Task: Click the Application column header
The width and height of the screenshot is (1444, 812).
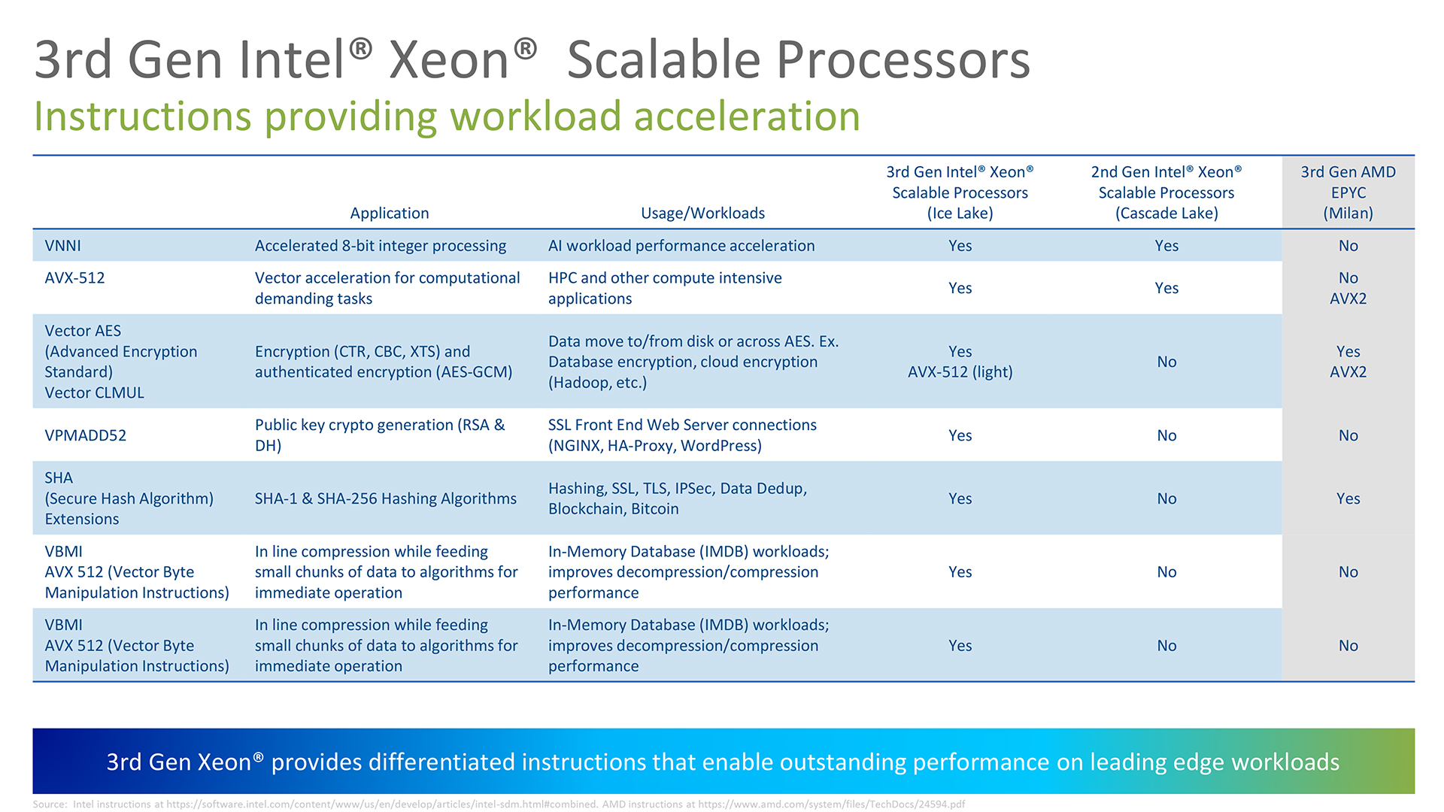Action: [x=390, y=213]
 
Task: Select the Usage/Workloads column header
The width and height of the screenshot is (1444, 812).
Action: [x=702, y=213]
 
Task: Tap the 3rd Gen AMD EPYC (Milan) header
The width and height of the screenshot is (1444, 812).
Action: [x=1348, y=192]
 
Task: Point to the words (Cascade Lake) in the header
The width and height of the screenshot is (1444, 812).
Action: [x=1166, y=213]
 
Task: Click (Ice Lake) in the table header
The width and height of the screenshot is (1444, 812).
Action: [x=960, y=213]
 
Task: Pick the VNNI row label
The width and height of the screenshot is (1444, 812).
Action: [x=62, y=246]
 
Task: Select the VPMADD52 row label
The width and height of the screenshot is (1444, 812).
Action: [x=86, y=435]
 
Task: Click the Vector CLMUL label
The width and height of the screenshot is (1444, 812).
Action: [x=94, y=392]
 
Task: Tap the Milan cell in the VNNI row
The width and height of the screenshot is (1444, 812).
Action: [x=1348, y=246]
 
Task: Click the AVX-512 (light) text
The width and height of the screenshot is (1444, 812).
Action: [x=960, y=372]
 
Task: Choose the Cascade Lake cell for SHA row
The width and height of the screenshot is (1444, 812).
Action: [x=1166, y=498]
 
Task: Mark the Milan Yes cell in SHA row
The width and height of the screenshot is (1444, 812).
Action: [x=1348, y=498]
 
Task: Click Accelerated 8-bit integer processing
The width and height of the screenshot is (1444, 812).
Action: [x=381, y=246]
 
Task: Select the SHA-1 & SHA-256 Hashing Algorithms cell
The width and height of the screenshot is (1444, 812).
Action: [x=386, y=498]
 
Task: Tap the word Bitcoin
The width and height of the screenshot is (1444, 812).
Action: [x=654, y=509]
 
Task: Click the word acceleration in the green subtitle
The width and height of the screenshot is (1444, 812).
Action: [x=747, y=117]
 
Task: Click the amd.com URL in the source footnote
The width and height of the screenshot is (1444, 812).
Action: [x=831, y=804]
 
